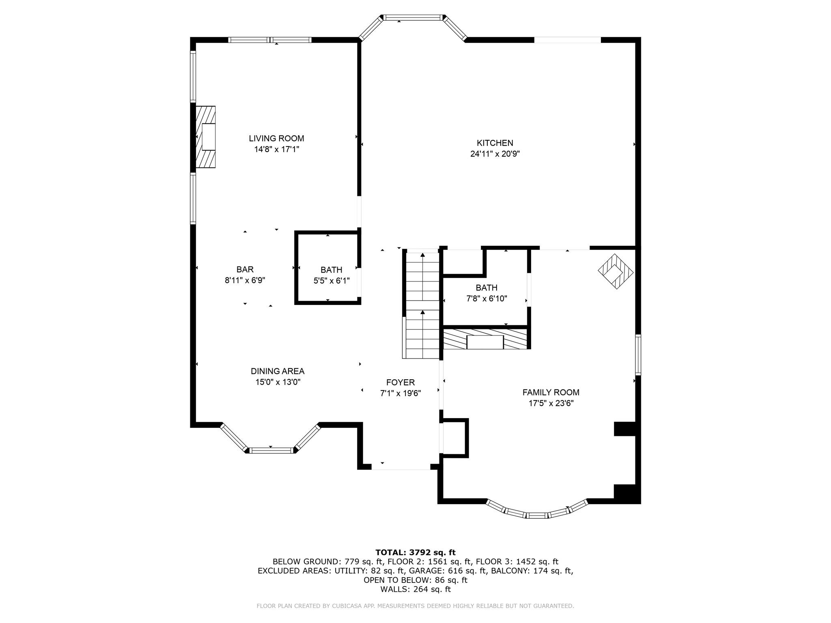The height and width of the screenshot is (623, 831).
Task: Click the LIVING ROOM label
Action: [276, 138]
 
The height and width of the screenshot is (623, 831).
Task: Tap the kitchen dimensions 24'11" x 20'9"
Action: [495, 154]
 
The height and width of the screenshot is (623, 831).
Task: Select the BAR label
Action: [245, 269]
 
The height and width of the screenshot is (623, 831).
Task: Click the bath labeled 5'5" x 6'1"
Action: [331, 275]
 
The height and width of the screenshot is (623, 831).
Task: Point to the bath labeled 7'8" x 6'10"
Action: [486, 293]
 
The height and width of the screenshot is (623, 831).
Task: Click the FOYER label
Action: [400, 382]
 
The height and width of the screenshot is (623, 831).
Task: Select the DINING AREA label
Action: [277, 371]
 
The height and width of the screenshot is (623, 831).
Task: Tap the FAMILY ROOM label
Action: [551, 392]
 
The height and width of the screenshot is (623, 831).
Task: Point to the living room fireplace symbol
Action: [206, 137]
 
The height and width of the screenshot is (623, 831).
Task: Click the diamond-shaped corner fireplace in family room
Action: [616, 271]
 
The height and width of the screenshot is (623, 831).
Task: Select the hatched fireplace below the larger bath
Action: [485, 339]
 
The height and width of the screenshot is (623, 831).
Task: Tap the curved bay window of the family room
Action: [537, 514]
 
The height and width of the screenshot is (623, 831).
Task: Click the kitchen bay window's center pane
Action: [413, 17]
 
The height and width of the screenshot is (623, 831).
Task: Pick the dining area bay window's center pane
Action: [271, 450]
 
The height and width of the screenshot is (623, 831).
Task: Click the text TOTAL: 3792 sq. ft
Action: [415, 552]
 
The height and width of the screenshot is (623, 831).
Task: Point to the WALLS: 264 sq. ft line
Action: [415, 589]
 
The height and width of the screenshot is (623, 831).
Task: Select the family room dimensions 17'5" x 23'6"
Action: [551, 403]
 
